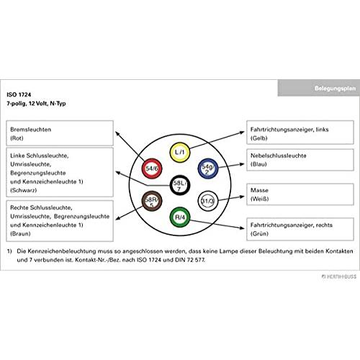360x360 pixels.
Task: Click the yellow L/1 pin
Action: (x=180, y=152)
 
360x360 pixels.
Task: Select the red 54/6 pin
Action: (x=152, y=168)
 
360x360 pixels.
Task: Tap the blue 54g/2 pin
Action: (x=208, y=168)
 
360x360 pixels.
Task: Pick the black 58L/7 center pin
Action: (x=180, y=185)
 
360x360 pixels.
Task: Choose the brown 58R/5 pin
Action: (x=152, y=201)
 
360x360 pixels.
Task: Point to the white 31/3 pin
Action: (x=208, y=201)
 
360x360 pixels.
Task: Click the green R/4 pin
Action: (x=180, y=217)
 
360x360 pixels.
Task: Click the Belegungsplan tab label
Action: (x=335, y=89)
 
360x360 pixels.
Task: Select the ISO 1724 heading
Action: (x=19, y=94)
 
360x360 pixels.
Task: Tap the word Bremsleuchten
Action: (x=31, y=130)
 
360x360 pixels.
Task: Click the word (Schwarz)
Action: (x=24, y=190)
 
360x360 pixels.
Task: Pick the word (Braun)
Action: (x=20, y=233)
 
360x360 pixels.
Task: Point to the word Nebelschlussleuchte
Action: (x=279, y=156)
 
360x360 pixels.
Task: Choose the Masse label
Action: (x=259, y=190)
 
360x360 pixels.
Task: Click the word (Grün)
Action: (x=259, y=233)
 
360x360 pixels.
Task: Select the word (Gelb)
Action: (x=259, y=138)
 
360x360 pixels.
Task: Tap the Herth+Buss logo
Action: (x=339, y=276)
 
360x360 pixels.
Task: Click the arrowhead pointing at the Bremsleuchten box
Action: (x=117, y=133)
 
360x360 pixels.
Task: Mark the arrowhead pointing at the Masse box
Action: (x=242, y=197)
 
